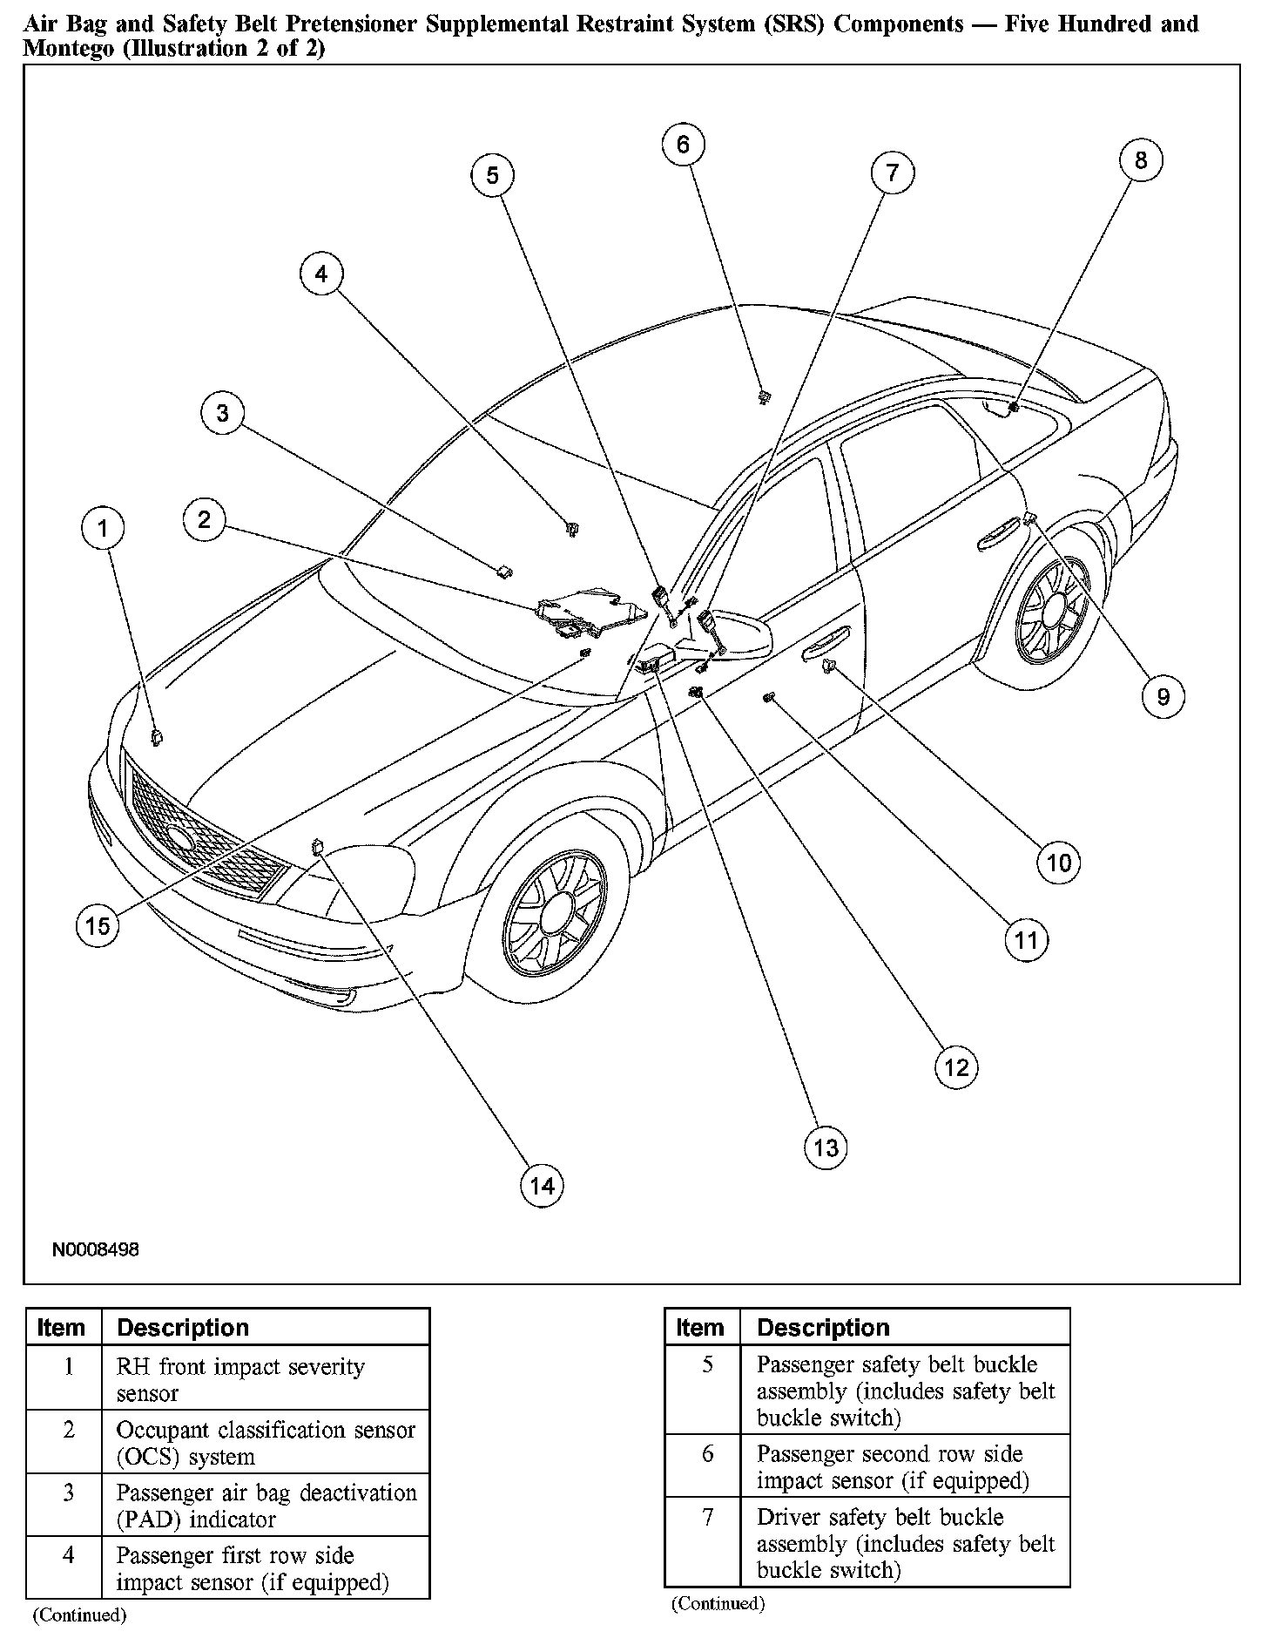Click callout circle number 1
[x=104, y=528]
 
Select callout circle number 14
[x=542, y=1185]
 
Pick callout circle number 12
[x=956, y=1067]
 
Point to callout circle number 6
[x=683, y=145]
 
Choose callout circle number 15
[x=98, y=924]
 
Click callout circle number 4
[x=321, y=274]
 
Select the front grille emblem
[x=181, y=837]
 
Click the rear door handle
[x=999, y=532]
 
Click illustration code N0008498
[x=96, y=1249]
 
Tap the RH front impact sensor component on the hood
[x=158, y=738]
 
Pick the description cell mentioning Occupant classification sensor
[x=266, y=1443]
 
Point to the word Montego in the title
[x=68, y=49]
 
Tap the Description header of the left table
[x=183, y=1327]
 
